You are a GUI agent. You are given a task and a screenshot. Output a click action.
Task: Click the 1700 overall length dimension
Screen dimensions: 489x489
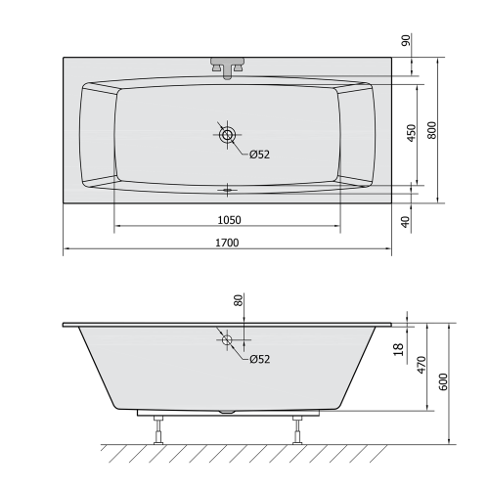click(x=228, y=242)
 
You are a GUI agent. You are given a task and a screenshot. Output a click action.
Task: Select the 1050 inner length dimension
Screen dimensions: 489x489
click(x=228, y=219)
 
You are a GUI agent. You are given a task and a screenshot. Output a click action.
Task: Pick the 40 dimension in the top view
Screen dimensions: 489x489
click(x=407, y=220)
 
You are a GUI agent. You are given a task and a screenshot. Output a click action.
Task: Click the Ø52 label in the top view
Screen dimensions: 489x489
click(x=259, y=155)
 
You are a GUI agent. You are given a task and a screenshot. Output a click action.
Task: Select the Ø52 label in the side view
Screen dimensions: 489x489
click(x=259, y=359)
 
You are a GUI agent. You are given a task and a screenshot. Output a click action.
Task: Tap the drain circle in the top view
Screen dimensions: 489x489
click(x=228, y=135)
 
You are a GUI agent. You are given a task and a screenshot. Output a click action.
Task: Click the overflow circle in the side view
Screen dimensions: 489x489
click(x=228, y=340)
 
